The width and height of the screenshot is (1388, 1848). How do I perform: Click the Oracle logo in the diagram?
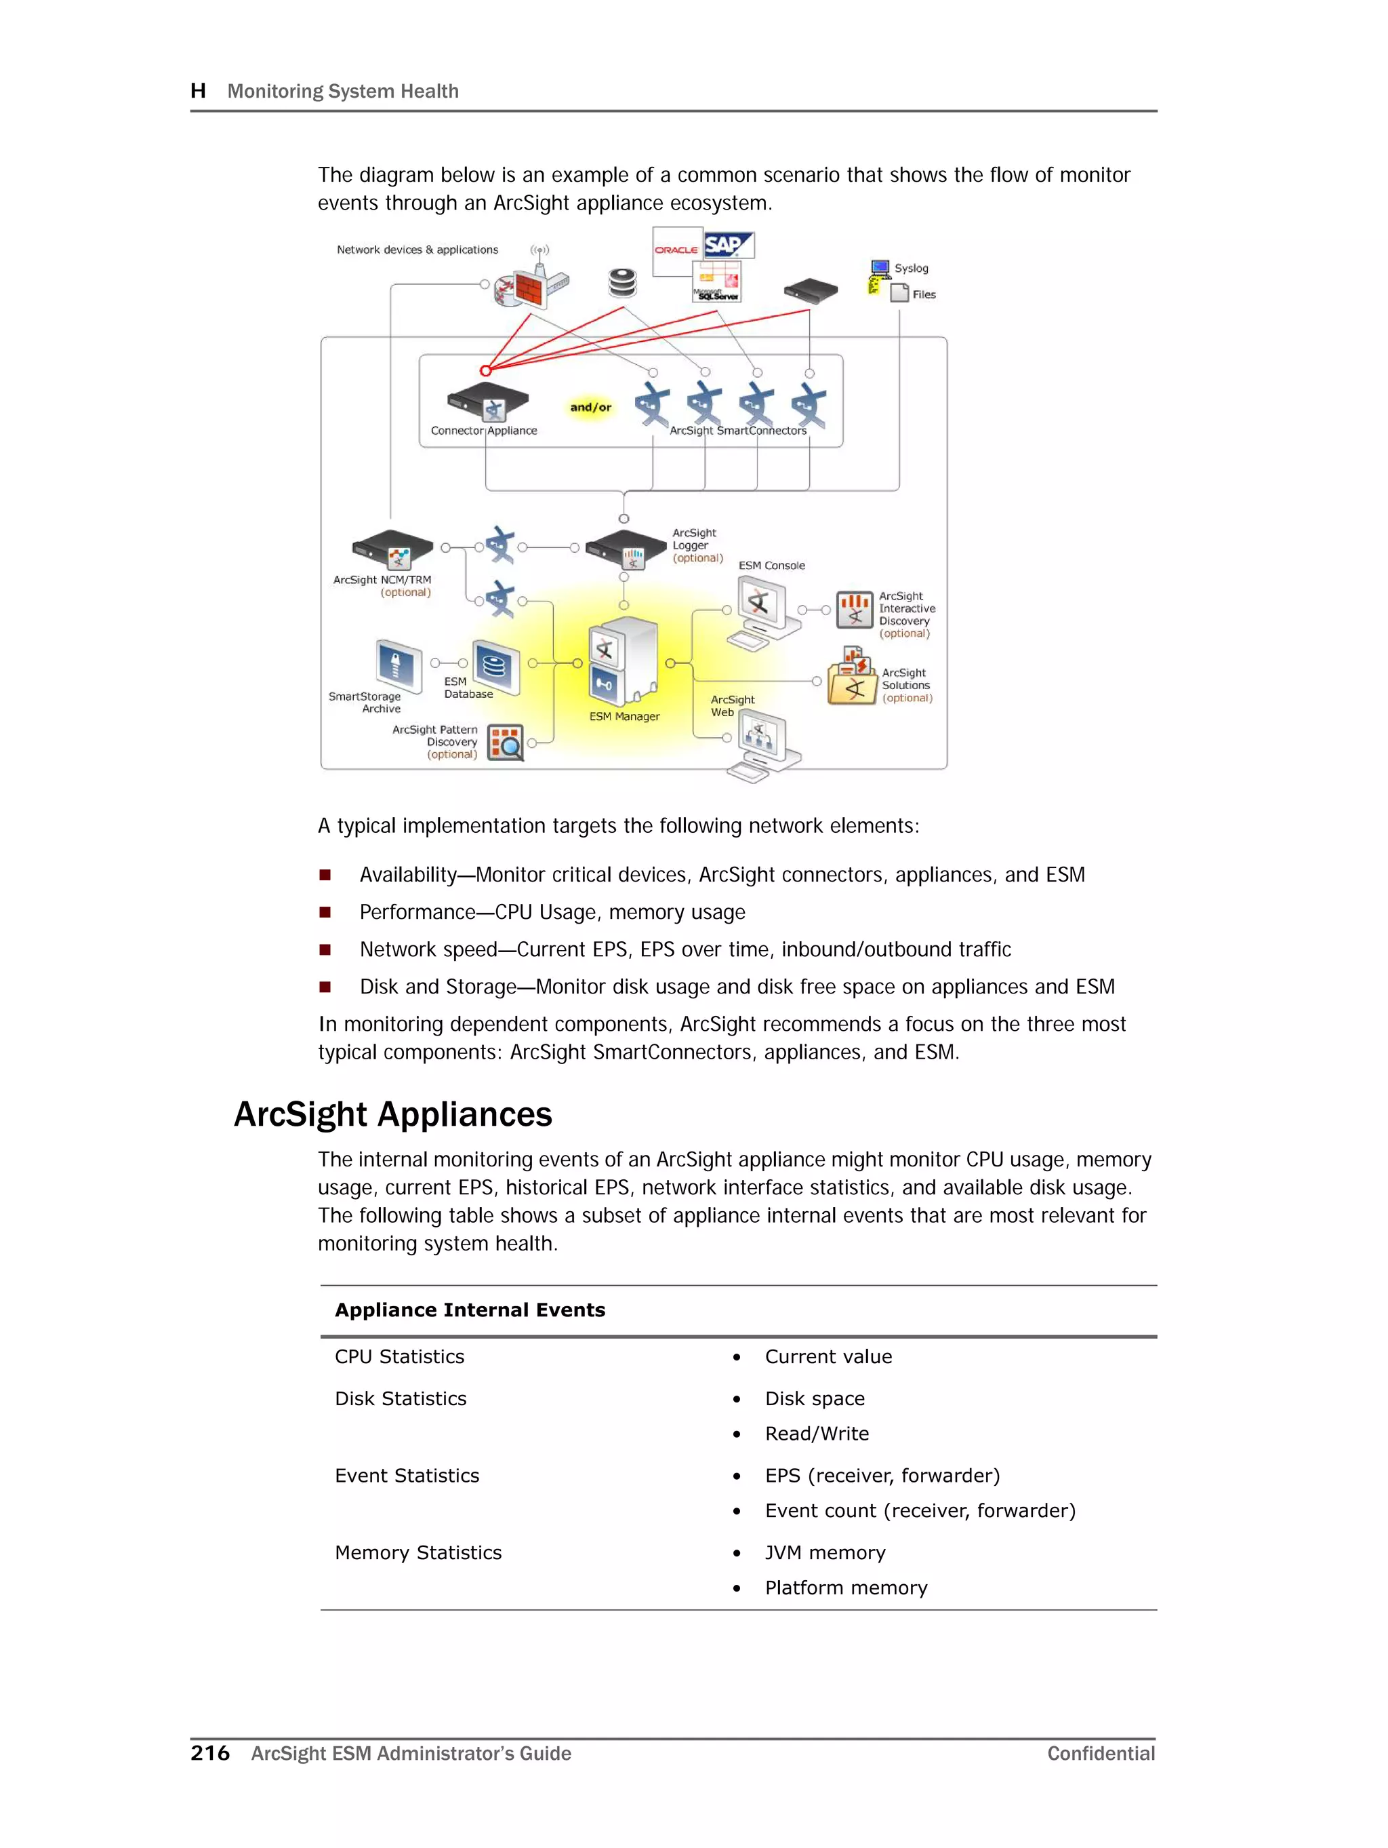[x=675, y=250]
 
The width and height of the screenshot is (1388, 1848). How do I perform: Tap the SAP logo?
[x=727, y=245]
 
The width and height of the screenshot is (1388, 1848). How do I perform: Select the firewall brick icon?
[x=528, y=289]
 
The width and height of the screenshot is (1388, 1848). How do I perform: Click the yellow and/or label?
[x=590, y=408]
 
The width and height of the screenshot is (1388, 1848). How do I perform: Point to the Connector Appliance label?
[x=483, y=431]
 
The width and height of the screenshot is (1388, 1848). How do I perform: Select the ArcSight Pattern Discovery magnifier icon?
[x=506, y=743]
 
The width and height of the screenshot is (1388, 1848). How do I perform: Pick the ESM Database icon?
[x=495, y=667]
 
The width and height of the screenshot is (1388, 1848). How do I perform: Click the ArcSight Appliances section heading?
[x=392, y=1114]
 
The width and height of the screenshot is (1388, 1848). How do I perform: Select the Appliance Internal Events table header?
[x=470, y=1310]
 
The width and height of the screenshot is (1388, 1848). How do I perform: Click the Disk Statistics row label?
[x=400, y=1398]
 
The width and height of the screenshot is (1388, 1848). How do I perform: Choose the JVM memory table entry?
[x=824, y=1552]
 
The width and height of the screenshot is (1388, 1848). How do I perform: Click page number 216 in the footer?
[x=209, y=1753]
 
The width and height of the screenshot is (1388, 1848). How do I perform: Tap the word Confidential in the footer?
[x=1100, y=1753]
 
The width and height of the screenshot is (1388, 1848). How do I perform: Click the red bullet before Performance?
[x=325, y=912]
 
